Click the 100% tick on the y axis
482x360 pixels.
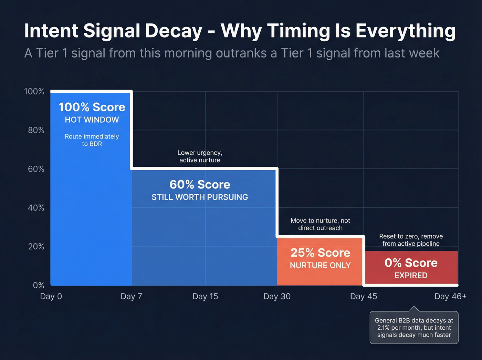pyautogui.click(x=34, y=92)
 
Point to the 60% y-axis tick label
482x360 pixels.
pyautogui.click(x=36, y=169)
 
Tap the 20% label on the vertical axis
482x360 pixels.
pyautogui.click(x=36, y=247)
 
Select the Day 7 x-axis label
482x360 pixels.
pyautogui.click(x=131, y=297)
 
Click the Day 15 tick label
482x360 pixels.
pyautogui.click(x=205, y=297)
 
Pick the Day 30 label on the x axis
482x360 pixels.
pyautogui.click(x=277, y=297)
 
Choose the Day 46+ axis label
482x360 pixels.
pyautogui.click(x=450, y=297)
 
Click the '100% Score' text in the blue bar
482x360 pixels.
pyautogui.click(x=92, y=107)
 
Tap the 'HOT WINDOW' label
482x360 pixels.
pyautogui.click(x=92, y=120)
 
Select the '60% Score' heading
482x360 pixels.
pyautogui.click(x=200, y=185)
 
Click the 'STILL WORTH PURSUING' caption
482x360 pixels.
pyautogui.click(x=200, y=197)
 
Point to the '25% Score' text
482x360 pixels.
pyautogui.click(x=320, y=253)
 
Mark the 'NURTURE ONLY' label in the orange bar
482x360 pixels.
pyautogui.click(x=320, y=266)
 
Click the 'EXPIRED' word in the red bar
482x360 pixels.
pyautogui.click(x=411, y=276)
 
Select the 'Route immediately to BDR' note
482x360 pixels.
pyautogui.click(x=92, y=140)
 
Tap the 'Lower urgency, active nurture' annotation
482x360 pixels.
pyautogui.click(x=200, y=156)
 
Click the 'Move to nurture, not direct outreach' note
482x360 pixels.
pyautogui.click(x=320, y=224)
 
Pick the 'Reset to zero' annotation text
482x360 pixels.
pyautogui.click(x=411, y=240)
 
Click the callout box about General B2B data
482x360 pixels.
pyautogui.click(x=414, y=328)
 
